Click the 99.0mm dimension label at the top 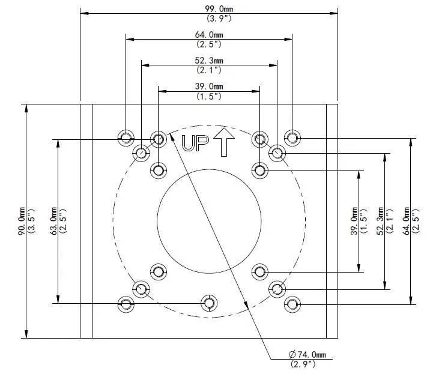click(x=209, y=8)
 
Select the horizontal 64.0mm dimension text click(x=209, y=35)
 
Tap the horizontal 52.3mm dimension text click(x=209, y=61)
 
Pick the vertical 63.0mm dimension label click(x=52, y=222)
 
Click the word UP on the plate click(x=195, y=143)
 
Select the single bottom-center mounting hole click(x=209, y=303)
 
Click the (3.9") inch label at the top click(x=209, y=18)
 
